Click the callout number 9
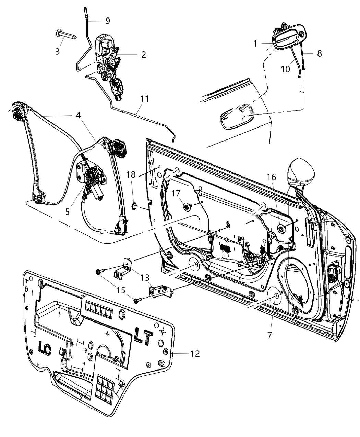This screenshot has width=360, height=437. (108, 21)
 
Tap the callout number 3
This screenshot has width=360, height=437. (58, 52)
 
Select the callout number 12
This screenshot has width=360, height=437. (195, 353)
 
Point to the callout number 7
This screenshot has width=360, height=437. (269, 335)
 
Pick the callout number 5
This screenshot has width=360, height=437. (67, 212)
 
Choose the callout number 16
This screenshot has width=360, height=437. (271, 177)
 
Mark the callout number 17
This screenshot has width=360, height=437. (176, 194)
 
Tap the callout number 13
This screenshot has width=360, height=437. (145, 277)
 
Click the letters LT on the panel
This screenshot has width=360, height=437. (143, 337)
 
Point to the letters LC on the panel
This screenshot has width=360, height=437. (45, 349)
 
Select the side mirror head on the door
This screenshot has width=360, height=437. (302, 171)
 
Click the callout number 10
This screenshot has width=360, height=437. (286, 69)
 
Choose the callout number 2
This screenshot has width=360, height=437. (143, 54)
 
